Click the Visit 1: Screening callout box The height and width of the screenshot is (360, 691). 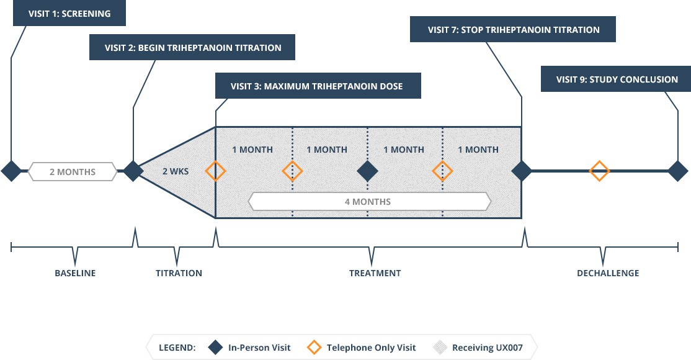coord(69,13)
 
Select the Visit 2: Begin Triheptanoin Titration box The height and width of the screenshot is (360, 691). coord(192,47)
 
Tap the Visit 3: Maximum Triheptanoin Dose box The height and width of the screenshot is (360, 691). coord(318,86)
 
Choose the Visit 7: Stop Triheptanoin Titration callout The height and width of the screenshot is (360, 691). coord(513,29)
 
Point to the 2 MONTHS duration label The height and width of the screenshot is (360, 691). coord(73,171)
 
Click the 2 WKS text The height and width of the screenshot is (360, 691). coord(174,171)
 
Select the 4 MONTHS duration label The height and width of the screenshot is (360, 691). coord(368,202)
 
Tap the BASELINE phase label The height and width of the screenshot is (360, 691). coord(75,273)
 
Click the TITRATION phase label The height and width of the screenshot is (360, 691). coord(179,273)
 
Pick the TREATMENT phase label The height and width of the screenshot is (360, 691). coord(375,273)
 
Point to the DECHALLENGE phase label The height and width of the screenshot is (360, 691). coord(608,273)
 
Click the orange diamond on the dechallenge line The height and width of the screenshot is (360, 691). coord(599,171)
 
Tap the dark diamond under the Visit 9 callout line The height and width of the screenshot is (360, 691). coord(677,171)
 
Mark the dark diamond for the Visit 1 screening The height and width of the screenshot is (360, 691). coord(11,171)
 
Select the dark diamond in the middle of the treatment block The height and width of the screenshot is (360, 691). coord(368,171)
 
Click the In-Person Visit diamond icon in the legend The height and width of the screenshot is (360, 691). coord(215,348)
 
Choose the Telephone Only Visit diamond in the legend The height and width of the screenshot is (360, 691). coord(313,348)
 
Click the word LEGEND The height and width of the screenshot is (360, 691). coord(178,348)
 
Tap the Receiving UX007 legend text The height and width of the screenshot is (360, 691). coord(488,348)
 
